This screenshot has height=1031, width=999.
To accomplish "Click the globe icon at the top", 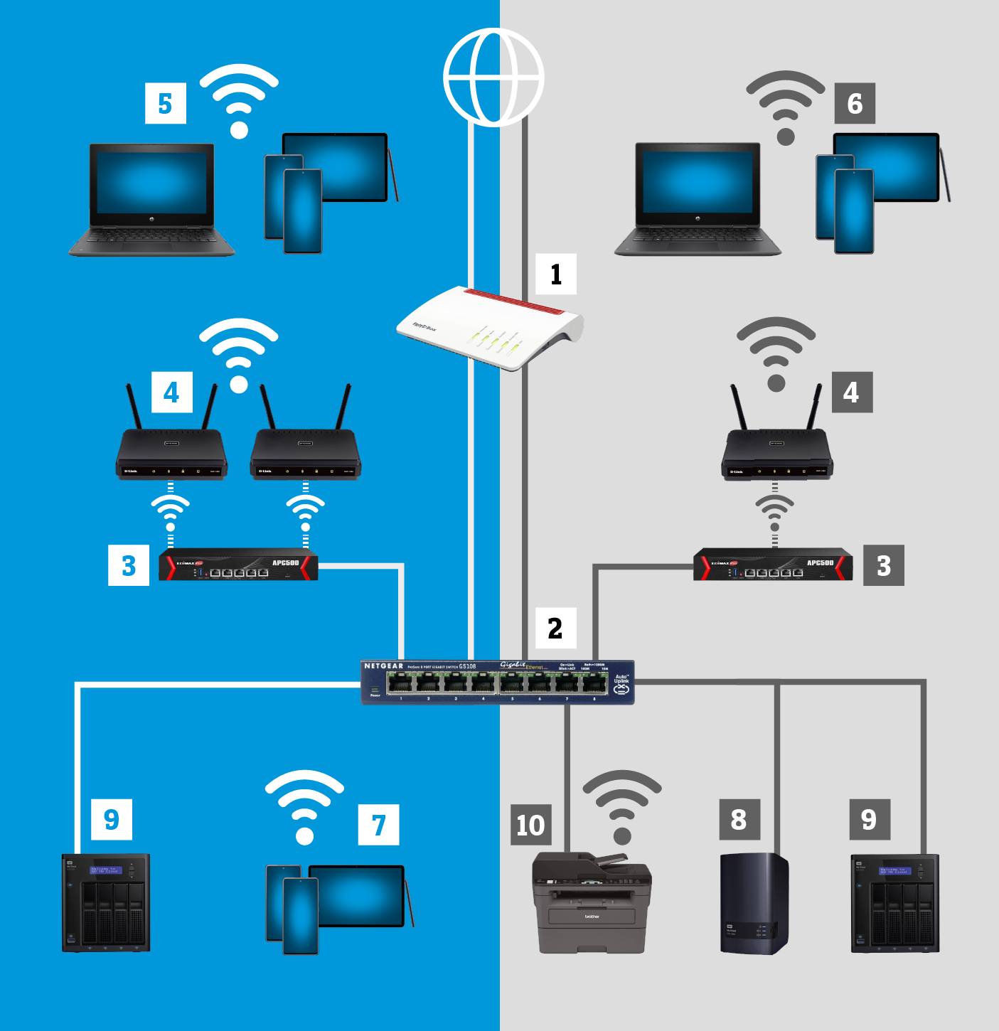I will pos(493,77).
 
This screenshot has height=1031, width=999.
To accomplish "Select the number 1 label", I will pos(555,274).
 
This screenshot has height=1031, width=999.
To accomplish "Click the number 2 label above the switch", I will pos(555,628).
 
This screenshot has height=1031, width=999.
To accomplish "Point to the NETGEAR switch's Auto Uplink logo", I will pos(622,685).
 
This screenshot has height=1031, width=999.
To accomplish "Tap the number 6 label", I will pos(855,103).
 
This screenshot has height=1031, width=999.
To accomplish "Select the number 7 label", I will pos(378,825).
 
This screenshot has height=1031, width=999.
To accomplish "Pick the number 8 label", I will pos(739,819).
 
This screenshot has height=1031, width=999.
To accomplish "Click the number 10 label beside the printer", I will pos(530,825).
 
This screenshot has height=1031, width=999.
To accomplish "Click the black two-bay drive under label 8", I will pos(754,903).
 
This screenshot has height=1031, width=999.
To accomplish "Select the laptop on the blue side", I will pos(151,200).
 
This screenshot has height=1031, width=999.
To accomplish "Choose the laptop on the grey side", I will pos(698,200).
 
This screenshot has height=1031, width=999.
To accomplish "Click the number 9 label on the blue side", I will pos(112,819).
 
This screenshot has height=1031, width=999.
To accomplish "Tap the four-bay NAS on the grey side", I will pos(895,904).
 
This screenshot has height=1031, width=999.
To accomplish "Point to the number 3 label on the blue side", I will pos(129,565).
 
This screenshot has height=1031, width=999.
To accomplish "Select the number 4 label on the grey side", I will pos(851,392).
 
